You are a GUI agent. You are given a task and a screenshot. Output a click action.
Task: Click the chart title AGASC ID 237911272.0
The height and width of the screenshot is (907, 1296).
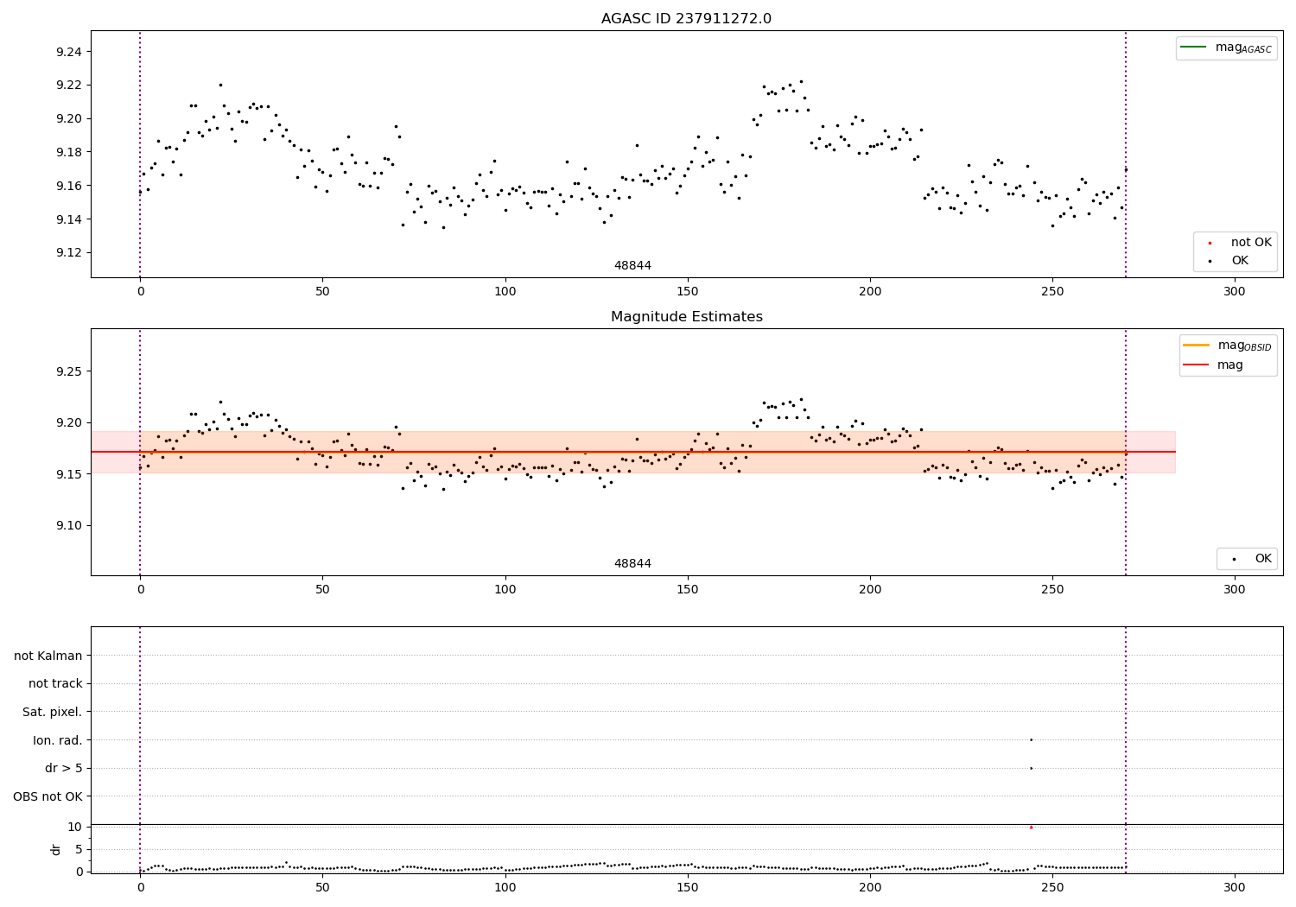(686, 19)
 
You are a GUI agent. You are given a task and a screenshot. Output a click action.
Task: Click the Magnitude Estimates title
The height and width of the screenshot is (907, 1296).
(686, 317)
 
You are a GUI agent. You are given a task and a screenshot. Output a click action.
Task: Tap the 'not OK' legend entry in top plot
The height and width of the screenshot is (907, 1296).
(1251, 243)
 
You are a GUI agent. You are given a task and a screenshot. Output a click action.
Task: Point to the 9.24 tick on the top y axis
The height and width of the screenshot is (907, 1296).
(68, 52)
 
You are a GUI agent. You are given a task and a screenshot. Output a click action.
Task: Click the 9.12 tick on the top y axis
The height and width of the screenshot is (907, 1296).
(68, 253)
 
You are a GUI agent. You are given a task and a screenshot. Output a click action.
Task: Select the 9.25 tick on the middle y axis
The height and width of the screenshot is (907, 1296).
(68, 371)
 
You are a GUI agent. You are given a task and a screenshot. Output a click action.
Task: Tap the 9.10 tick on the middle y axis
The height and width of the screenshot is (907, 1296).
(68, 525)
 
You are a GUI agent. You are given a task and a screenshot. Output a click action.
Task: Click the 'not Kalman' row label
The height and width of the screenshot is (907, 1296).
(48, 656)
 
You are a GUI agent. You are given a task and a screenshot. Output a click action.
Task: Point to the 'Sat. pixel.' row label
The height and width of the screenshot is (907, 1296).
(53, 712)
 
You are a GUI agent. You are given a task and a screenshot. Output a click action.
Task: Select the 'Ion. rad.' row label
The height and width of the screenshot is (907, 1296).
(58, 740)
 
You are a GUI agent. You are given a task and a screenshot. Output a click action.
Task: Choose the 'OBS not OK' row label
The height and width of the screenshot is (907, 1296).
(48, 796)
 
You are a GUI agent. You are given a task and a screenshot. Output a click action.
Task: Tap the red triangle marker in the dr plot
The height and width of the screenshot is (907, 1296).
(1031, 828)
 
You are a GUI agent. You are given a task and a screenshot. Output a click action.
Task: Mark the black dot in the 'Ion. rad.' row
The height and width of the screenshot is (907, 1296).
(1031, 739)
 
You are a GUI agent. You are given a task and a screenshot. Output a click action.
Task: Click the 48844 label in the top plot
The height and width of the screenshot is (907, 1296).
(632, 266)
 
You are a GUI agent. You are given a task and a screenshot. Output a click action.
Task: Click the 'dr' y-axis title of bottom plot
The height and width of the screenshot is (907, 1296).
(56, 849)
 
